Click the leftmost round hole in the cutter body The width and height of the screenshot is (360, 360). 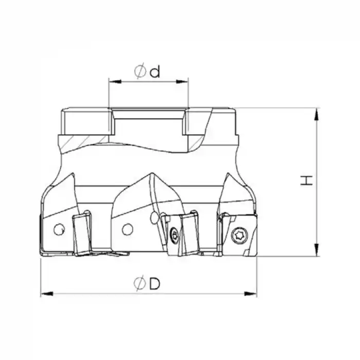[x=59, y=228]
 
